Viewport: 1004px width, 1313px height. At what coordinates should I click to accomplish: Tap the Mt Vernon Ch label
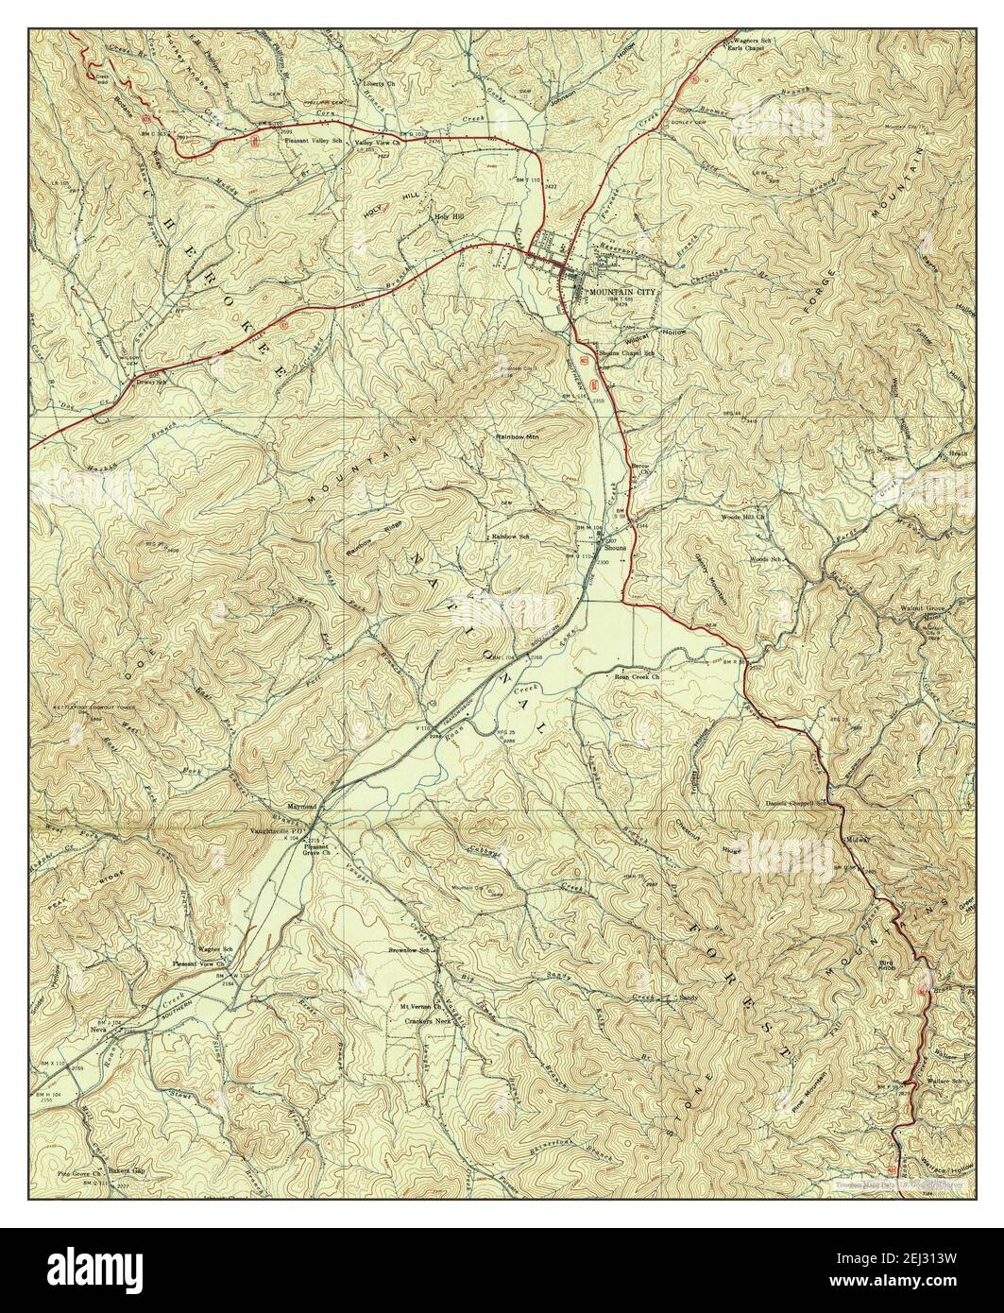click(x=422, y=1010)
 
